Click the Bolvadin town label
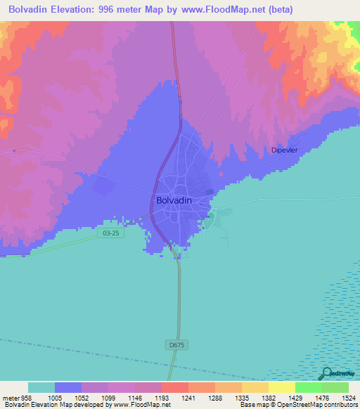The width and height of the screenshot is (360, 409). point(172,200)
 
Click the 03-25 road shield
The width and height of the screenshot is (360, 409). point(109,231)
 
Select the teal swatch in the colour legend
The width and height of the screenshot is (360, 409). point(41,387)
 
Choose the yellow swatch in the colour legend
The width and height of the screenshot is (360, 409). point(282,387)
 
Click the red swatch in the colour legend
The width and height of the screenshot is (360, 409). point(175,387)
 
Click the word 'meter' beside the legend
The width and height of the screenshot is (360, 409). point(9,397)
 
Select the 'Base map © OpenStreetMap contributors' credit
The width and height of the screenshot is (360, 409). point(297,405)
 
